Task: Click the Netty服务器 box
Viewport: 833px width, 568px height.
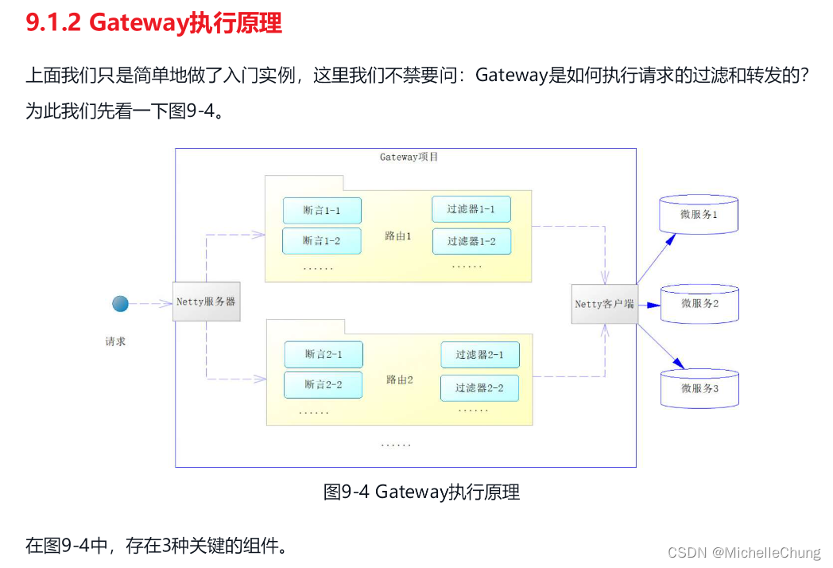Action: click(206, 302)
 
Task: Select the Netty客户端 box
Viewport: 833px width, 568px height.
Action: click(604, 304)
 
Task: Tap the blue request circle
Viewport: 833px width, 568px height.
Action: click(120, 304)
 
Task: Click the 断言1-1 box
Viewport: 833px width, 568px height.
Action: click(322, 211)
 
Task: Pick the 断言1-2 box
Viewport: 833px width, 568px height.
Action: click(322, 240)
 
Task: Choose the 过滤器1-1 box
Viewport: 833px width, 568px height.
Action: click(471, 209)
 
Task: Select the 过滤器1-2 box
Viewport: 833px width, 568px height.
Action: click(471, 241)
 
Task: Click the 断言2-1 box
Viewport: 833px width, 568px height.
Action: click(324, 354)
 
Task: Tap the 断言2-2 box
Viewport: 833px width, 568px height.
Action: click(324, 384)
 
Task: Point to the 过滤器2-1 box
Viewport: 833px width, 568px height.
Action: click(479, 355)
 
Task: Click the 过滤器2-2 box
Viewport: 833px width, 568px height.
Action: click(479, 388)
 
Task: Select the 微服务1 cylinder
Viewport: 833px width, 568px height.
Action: click(699, 215)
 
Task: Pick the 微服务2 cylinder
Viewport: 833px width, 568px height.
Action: click(699, 303)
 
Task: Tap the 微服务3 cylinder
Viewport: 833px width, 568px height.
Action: click(699, 388)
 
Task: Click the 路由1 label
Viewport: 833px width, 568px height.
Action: click(398, 236)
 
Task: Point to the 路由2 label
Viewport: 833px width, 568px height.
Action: click(399, 379)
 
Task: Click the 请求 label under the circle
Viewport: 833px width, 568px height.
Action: click(116, 341)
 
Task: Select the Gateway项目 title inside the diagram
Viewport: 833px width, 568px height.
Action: click(409, 157)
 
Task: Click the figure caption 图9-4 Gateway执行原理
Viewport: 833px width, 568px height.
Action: click(421, 492)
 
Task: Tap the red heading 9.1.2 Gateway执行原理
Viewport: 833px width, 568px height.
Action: click(154, 23)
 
